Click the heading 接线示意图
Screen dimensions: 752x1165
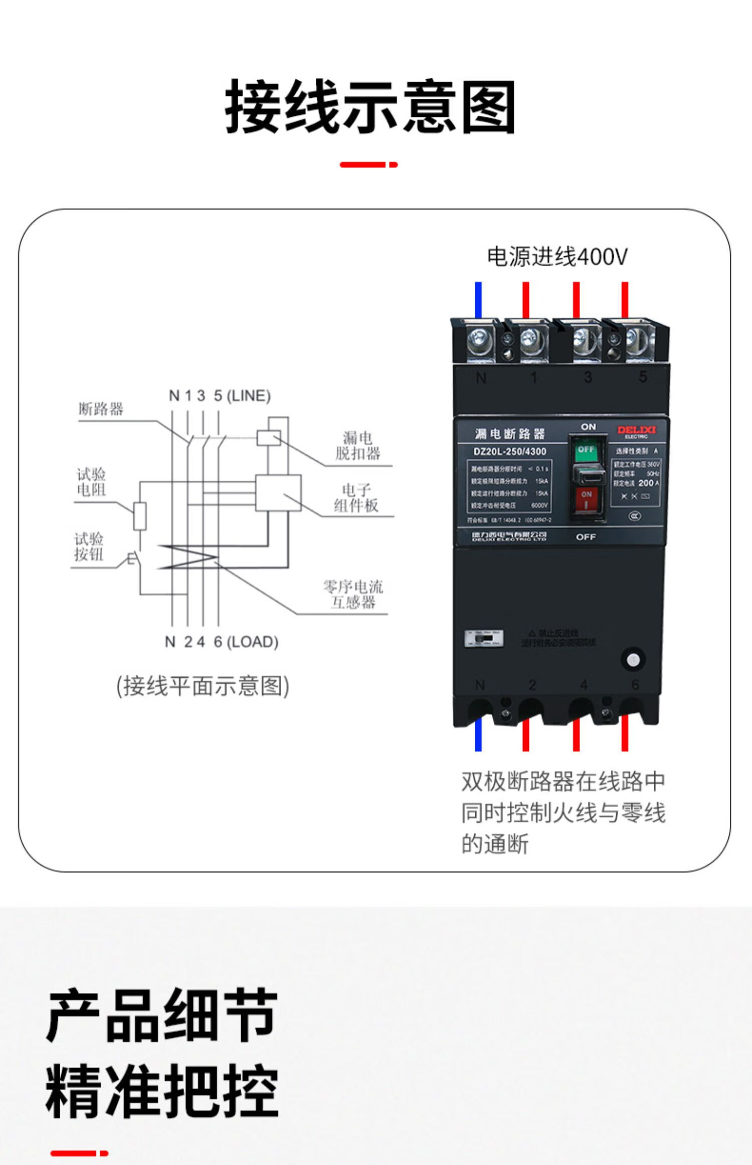[x=370, y=107]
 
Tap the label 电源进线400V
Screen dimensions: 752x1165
[x=557, y=256]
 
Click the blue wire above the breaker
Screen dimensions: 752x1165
[x=478, y=300]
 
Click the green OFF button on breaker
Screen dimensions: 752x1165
[x=585, y=451]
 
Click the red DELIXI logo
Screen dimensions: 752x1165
[x=636, y=430]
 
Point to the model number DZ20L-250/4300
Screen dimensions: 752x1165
[x=509, y=451]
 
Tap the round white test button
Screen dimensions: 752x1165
[x=633, y=659]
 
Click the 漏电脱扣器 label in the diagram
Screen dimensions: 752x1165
[x=357, y=446]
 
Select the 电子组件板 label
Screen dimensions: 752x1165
[x=356, y=498]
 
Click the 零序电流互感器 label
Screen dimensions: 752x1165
[x=353, y=594]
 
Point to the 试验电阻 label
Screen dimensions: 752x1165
[x=91, y=482]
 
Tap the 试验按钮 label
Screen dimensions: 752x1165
[x=89, y=546]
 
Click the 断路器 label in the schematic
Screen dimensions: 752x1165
[x=100, y=409]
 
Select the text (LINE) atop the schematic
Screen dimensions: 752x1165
[x=249, y=396]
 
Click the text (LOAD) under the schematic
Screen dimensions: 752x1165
[x=253, y=642]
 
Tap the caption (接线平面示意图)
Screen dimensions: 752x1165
[x=203, y=686]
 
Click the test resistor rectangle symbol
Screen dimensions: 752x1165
[x=140, y=516]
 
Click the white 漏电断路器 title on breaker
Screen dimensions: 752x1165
[x=509, y=433]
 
